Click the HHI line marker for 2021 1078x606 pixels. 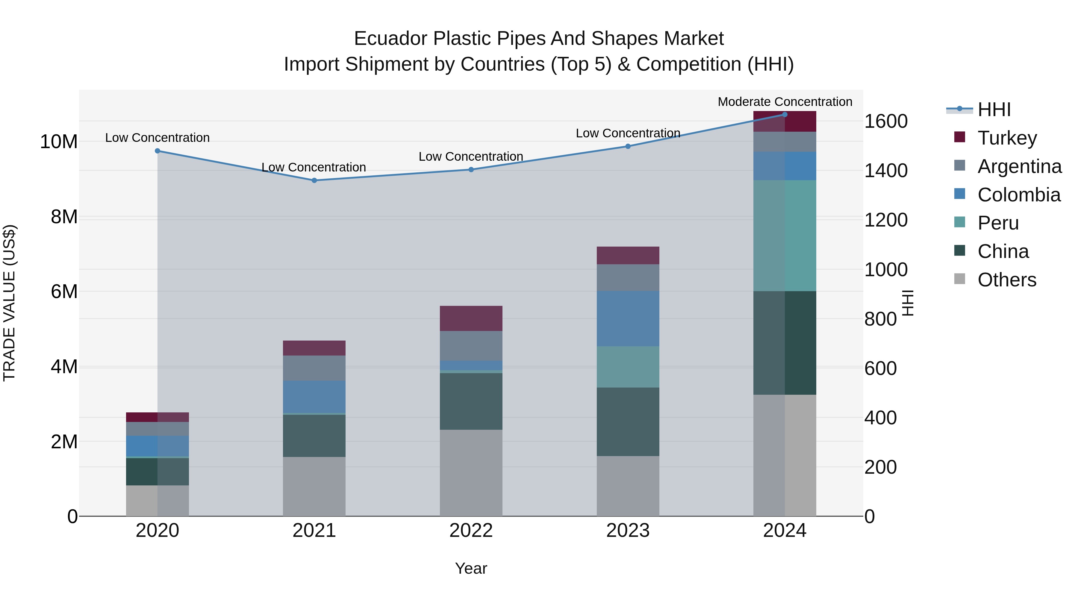tap(314, 180)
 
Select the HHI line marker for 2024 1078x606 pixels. tap(785, 114)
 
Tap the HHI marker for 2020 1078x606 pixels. tap(157, 151)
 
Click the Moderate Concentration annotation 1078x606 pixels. tap(785, 102)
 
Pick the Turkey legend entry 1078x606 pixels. tap(1007, 138)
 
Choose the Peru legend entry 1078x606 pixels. tap(998, 223)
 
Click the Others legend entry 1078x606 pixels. tap(1007, 280)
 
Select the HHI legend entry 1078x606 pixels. tap(994, 110)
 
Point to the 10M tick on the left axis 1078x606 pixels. tap(59, 142)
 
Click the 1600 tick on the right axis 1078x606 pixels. tap(886, 121)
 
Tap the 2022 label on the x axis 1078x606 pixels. tap(471, 531)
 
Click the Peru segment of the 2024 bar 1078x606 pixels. tap(785, 236)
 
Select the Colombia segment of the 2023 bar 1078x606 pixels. tap(628, 318)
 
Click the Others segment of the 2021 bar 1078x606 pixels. tap(314, 486)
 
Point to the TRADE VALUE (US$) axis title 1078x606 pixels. tap(9, 303)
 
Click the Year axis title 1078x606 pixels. tap(471, 568)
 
